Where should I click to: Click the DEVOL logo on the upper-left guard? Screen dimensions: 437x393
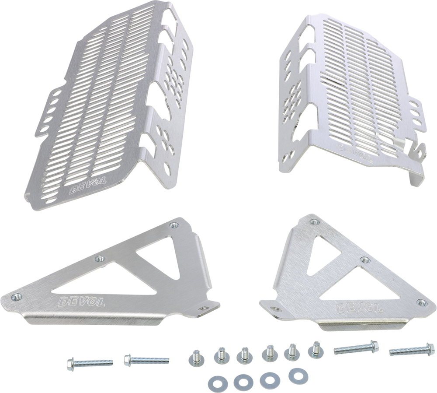click(88, 185)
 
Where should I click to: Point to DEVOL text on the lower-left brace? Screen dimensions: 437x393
click(82, 302)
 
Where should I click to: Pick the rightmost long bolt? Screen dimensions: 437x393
click(412, 350)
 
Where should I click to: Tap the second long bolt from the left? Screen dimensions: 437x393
click(146, 360)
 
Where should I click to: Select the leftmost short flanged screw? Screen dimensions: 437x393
click(196, 357)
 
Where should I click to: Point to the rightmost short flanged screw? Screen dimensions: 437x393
click(315, 350)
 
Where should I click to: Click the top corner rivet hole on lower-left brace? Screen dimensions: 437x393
click(175, 225)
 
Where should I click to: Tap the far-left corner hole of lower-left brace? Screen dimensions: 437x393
click(17, 297)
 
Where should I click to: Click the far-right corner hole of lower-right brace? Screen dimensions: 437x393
click(422, 302)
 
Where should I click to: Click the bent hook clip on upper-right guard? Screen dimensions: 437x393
click(416, 163)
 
